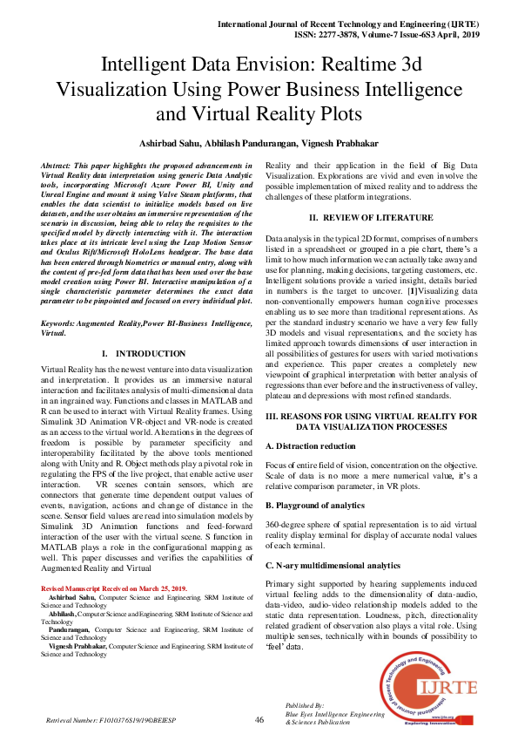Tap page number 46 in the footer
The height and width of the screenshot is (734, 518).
(x=259, y=719)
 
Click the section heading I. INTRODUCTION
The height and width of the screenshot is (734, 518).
(x=145, y=354)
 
